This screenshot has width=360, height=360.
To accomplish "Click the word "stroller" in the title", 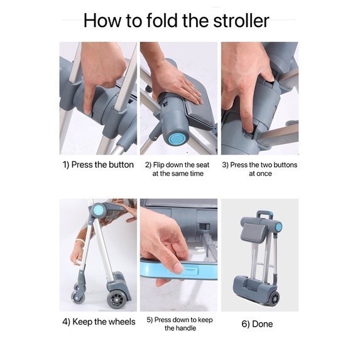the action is point(241,21).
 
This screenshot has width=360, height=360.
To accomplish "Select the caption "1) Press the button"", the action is point(98,165).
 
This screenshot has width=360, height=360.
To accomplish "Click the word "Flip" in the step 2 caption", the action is point(158,165).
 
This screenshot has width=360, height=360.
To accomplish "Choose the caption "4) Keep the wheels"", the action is point(99,322).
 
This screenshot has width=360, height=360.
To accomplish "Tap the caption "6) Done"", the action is point(257,324).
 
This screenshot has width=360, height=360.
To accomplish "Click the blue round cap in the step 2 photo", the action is point(176,139).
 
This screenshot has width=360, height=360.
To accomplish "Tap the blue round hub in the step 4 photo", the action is point(99,210).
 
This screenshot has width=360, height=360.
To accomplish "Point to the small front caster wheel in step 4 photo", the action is point(78,297).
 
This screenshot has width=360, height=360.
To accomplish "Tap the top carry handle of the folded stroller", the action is point(265,215).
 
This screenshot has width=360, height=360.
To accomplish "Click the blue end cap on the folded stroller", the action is point(278,227).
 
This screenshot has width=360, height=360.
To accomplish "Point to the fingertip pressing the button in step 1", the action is point(88,111).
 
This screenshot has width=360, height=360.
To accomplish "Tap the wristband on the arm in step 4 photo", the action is point(79,241).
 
